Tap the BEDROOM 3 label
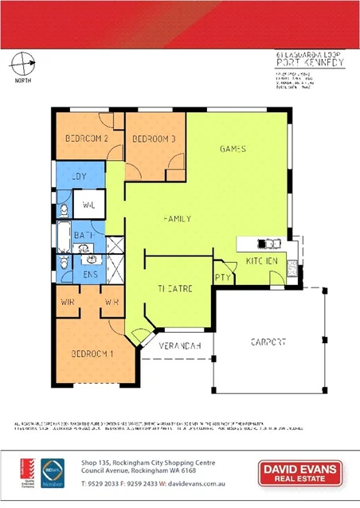click(x=153, y=139)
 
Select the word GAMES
click(x=232, y=149)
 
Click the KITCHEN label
click(x=261, y=261)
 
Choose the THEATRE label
click(x=174, y=288)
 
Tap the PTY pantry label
click(x=222, y=277)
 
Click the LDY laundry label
click(x=79, y=177)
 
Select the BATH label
click(x=84, y=236)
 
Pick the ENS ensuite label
click(x=90, y=274)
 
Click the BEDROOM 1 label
click(x=92, y=353)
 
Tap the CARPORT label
click(x=268, y=342)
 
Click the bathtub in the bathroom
click(x=63, y=235)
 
